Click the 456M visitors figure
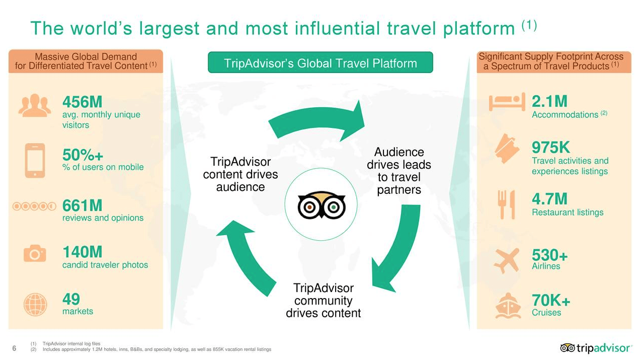click(x=82, y=102)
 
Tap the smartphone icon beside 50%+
click(x=35, y=160)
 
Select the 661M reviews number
click(x=82, y=205)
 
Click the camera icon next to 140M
click(x=35, y=253)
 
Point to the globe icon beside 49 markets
click(x=35, y=305)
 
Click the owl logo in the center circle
click(x=322, y=205)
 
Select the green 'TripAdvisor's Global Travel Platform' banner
click(x=320, y=62)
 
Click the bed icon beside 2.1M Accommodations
click(x=507, y=102)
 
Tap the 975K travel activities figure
click(x=550, y=148)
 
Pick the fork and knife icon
click(x=506, y=204)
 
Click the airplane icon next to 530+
click(x=507, y=260)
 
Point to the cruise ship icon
click(x=508, y=306)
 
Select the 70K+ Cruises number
click(x=551, y=300)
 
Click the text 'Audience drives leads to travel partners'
click(x=399, y=171)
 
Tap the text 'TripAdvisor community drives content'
click(x=324, y=301)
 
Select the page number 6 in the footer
click(x=14, y=348)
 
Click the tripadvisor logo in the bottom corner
click(x=596, y=348)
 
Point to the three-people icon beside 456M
click(x=35, y=105)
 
